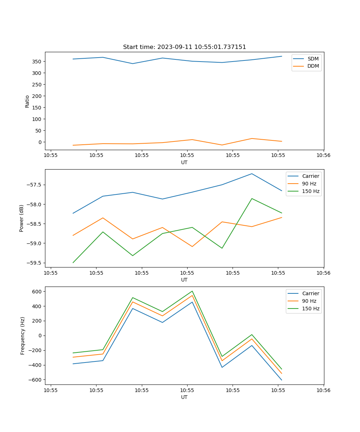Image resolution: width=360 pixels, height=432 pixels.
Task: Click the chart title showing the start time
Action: tap(184, 47)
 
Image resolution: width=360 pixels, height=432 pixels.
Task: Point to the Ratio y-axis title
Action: tap(27, 101)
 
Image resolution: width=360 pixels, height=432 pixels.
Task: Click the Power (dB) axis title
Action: tap(22, 218)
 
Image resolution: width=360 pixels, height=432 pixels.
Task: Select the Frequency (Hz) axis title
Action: tap(22, 336)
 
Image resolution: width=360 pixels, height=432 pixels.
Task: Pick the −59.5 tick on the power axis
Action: tap(33, 263)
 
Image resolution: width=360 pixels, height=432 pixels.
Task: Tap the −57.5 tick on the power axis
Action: tap(33, 185)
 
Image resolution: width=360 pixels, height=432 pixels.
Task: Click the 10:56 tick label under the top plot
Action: tap(323, 156)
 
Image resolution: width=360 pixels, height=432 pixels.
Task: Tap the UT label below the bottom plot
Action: tap(184, 397)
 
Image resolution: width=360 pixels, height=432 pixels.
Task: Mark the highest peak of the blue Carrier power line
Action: tap(252, 174)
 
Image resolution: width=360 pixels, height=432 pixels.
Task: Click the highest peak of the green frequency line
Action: tap(192, 291)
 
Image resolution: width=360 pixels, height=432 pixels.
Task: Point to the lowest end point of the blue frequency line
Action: tap(282, 380)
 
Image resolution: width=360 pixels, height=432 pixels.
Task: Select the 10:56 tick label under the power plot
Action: tap(323, 273)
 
